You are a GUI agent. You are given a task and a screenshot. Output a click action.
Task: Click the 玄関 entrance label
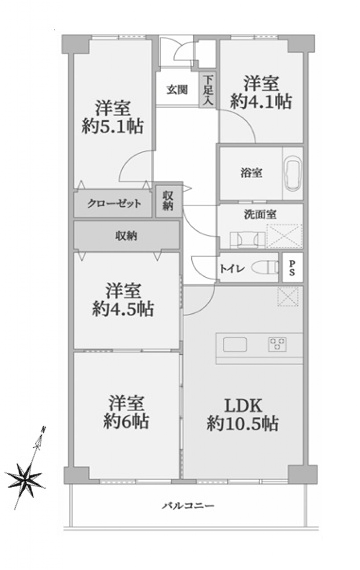(x=177, y=90)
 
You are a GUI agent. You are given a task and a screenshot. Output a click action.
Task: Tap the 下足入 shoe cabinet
(x=208, y=90)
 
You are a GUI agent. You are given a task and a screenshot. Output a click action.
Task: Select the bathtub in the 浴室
(x=293, y=173)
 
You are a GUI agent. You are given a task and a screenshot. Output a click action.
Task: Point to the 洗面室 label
(x=260, y=215)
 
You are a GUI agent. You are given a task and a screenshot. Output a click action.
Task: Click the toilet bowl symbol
(x=264, y=268)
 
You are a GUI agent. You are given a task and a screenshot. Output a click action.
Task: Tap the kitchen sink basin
(x=235, y=345)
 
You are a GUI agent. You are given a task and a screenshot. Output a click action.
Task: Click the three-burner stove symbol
(x=277, y=345)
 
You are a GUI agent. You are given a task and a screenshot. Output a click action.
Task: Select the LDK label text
(x=243, y=406)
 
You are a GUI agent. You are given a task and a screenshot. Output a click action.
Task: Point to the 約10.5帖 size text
(x=242, y=423)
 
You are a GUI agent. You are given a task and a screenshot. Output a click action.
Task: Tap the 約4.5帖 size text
(x=123, y=309)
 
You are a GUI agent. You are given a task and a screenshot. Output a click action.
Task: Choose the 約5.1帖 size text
(x=113, y=126)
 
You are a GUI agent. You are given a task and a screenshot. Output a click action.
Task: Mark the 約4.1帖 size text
(x=261, y=102)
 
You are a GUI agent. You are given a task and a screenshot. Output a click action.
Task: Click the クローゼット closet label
(x=114, y=204)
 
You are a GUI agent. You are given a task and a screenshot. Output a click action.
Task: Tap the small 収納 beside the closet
(x=168, y=201)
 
